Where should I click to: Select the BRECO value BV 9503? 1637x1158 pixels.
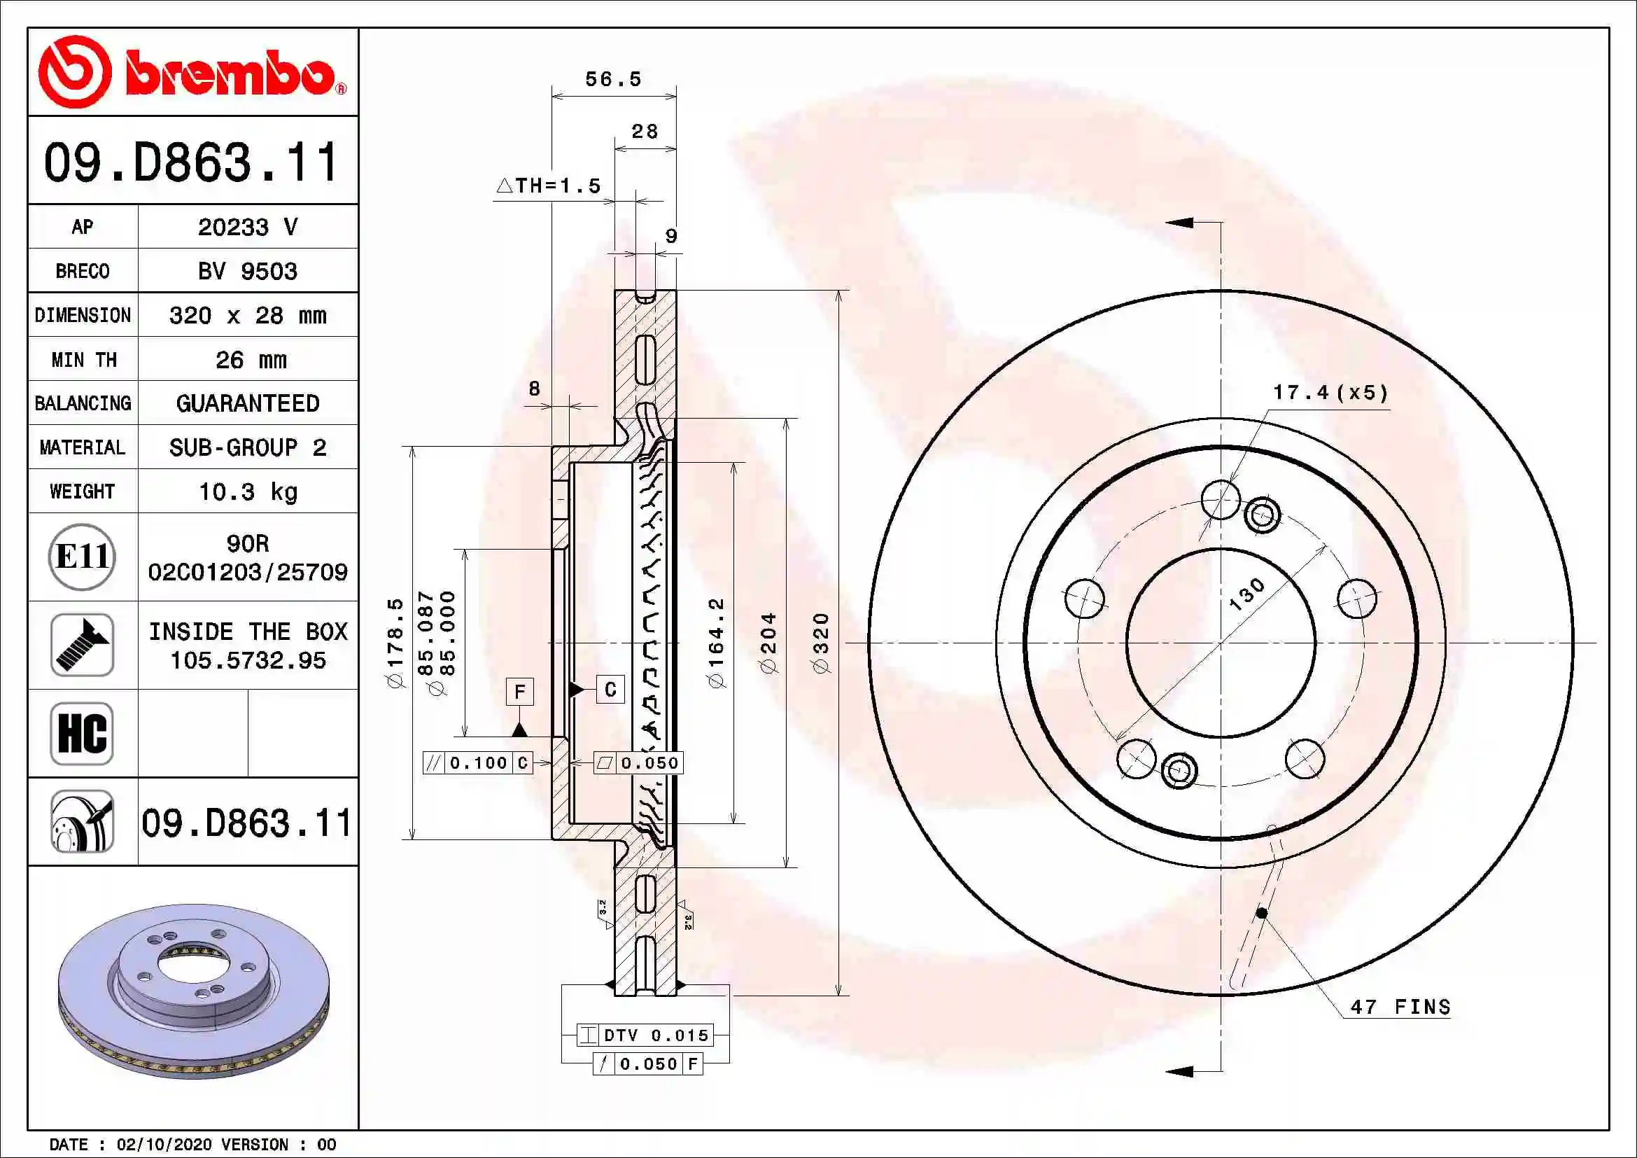[x=247, y=271]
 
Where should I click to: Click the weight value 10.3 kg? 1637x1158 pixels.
[x=247, y=491]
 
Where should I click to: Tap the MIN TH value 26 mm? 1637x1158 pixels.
[x=251, y=359]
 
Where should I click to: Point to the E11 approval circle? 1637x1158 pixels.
[x=82, y=557]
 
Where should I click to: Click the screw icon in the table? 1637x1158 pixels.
[x=82, y=645]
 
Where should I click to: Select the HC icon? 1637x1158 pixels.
[x=82, y=733]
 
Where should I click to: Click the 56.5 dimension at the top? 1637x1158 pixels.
[x=613, y=79]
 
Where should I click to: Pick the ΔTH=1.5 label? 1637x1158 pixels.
[x=549, y=186]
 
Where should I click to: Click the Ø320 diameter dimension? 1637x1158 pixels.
[x=822, y=643]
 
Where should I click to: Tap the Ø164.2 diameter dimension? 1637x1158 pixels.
[x=716, y=643]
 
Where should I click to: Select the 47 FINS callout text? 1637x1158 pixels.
[x=1400, y=1007]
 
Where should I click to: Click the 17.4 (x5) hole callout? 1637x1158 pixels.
[x=1330, y=393]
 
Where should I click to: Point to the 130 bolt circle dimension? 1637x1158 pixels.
[x=1247, y=594]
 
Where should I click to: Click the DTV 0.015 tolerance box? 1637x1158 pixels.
[x=645, y=1035]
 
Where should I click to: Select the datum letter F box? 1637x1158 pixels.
[x=520, y=691]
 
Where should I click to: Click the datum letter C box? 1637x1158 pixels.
[x=610, y=690]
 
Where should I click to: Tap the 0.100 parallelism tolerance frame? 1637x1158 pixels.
[x=477, y=763]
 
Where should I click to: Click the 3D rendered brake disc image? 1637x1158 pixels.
[x=193, y=991]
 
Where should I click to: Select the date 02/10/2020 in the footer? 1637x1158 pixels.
[x=164, y=1144]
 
